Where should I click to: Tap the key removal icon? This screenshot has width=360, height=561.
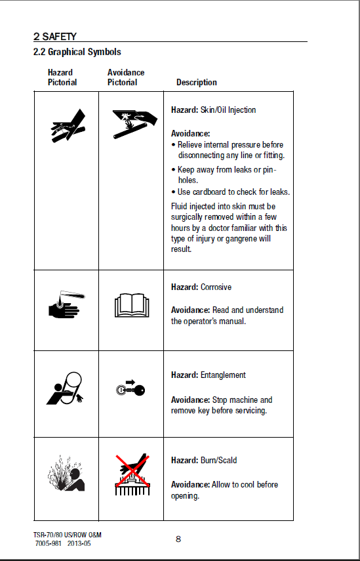click(130, 388)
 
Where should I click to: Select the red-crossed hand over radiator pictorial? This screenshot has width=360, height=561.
click(132, 474)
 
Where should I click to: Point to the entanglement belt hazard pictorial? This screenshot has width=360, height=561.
click(65, 388)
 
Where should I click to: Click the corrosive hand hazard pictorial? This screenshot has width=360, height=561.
click(66, 304)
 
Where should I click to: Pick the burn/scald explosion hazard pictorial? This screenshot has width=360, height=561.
click(66, 473)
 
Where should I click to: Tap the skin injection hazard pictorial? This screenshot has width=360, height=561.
click(68, 125)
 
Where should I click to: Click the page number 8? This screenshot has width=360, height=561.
click(178, 539)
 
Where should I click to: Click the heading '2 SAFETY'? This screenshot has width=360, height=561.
click(54, 37)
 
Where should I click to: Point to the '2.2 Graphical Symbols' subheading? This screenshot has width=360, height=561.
click(77, 52)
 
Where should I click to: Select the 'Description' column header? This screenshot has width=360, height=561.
click(196, 82)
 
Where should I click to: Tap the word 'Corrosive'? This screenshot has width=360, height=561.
click(216, 287)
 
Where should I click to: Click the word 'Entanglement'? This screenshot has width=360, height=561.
click(223, 375)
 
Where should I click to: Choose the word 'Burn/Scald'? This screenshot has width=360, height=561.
click(218, 460)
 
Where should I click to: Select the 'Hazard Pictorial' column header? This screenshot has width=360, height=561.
click(62, 77)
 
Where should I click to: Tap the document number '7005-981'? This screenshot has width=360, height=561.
click(49, 543)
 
